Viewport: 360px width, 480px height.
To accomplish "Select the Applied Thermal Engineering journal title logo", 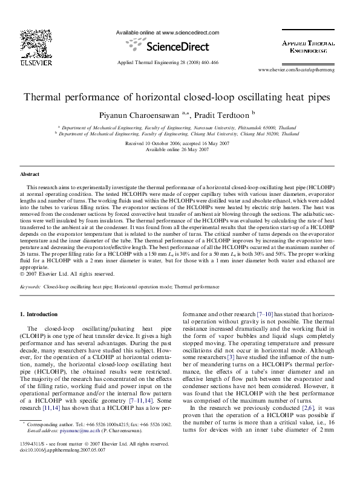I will click(309, 48).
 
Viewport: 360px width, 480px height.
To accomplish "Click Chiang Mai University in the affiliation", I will click(221, 134).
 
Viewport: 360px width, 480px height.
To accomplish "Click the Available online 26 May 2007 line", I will click(177, 149).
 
